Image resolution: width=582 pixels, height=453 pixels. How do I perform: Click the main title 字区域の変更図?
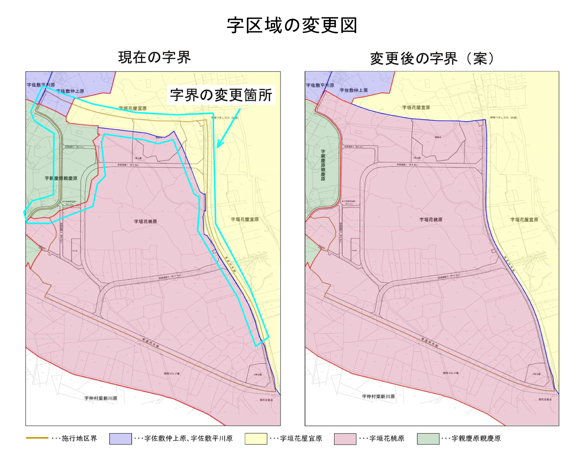pos(292,26)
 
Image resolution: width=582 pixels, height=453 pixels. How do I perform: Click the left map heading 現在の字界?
pos(154,57)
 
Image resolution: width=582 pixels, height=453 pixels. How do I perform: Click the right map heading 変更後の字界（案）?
pos(432,59)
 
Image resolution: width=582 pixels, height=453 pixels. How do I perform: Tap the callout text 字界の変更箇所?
pos(221,95)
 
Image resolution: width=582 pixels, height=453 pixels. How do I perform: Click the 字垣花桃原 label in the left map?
pos(145,221)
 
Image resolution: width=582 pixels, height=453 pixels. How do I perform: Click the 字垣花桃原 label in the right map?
pos(431,220)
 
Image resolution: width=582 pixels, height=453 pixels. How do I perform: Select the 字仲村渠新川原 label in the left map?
pos(100,398)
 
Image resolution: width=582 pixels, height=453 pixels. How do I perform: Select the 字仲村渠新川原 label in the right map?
pos(378,396)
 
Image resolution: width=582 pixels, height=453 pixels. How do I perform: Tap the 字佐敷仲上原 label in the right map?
pos(353,90)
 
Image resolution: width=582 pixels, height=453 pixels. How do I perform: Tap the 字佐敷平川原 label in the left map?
pos(41,85)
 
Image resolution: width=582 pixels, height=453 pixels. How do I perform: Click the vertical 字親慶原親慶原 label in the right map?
pos(323,165)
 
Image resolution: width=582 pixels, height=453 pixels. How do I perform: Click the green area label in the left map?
pos(61,178)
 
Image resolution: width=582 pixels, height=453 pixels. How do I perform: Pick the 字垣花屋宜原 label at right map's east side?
pos(524,220)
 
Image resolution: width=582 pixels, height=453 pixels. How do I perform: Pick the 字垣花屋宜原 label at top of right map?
pos(416,107)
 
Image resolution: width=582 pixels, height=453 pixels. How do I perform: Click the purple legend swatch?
pos(120,439)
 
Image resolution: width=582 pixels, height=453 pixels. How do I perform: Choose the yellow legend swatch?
pos(256,439)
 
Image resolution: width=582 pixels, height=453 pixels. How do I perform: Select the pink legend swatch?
pos(345,439)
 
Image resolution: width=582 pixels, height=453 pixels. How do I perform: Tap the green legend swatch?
pos(428,439)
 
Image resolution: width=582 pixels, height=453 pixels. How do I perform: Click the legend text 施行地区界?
pos(79,439)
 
